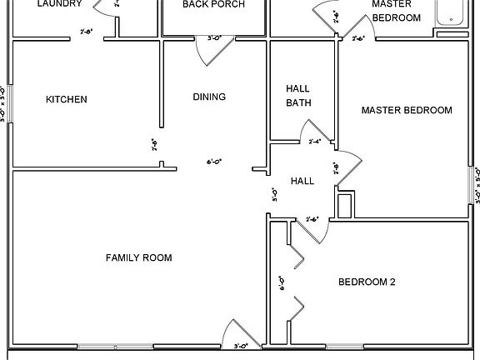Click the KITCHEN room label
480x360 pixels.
(66, 100)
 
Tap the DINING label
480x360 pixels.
(209, 97)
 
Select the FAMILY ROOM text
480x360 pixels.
(138, 258)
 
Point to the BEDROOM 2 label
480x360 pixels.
(366, 282)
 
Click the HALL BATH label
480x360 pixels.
(298, 96)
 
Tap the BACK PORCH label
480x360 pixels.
(213, 5)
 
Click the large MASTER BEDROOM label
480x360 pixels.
(406, 110)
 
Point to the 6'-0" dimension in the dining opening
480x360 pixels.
(214, 162)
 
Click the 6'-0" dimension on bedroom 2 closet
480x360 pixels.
(282, 284)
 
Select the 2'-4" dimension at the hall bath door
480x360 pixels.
(314, 142)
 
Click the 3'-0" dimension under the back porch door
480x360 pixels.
(213, 38)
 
